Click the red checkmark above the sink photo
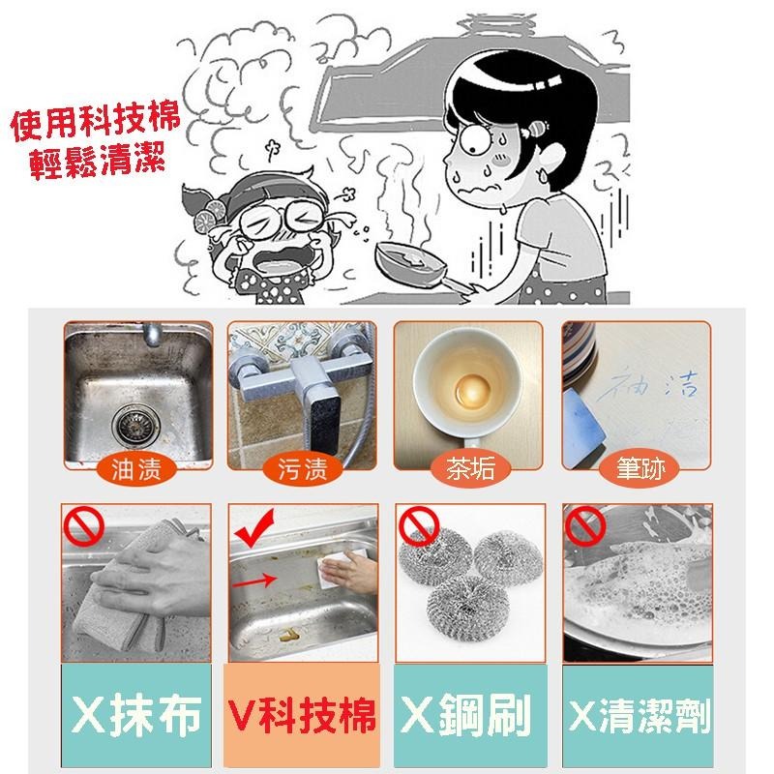(x=254, y=528)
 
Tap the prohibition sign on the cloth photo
(x=80, y=528)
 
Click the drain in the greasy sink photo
(x=127, y=423)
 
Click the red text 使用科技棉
(x=92, y=126)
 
